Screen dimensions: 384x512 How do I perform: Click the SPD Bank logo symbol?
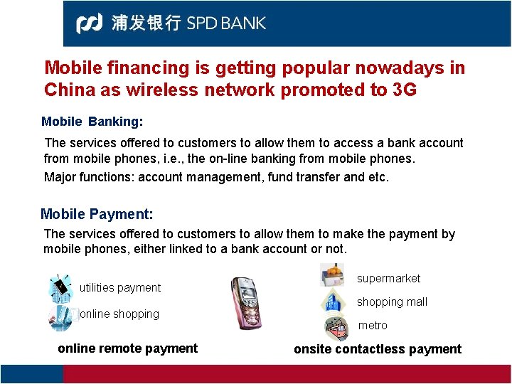tap(89, 23)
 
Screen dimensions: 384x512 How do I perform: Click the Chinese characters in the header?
tap(146, 23)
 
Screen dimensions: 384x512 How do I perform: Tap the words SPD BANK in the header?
tap(226, 23)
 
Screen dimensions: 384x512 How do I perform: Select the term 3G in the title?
tap(403, 90)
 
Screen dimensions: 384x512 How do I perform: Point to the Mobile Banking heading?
tap(92, 122)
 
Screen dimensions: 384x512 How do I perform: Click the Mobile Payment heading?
tap(97, 214)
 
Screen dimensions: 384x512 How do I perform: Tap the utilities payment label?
tap(120, 287)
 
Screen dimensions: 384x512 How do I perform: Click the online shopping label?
tap(119, 314)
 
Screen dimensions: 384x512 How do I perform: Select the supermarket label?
tap(388, 278)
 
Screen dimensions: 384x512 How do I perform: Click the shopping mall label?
tap(392, 302)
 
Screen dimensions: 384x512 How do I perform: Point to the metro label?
tap(373, 325)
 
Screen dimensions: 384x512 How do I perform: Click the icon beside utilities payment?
tap(60, 287)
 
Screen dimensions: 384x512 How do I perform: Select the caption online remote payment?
tap(128, 348)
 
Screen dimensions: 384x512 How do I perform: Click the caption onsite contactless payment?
tap(378, 349)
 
